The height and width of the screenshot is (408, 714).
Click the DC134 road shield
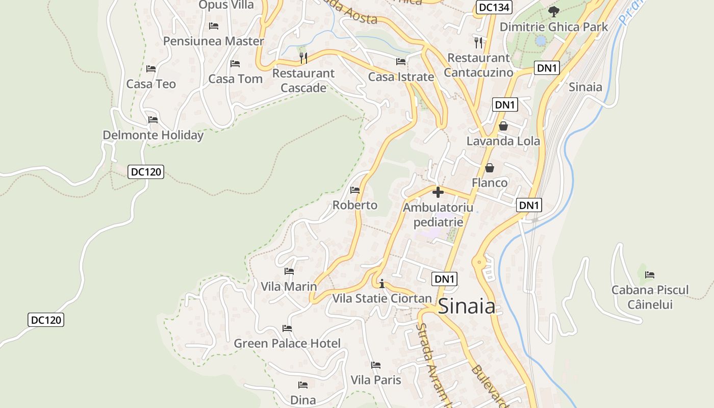pos(494,7)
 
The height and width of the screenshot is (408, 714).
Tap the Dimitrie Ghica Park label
pos(553,27)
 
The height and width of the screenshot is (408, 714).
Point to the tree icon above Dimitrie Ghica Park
pos(553,11)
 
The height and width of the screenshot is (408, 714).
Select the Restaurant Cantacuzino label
pos(478,65)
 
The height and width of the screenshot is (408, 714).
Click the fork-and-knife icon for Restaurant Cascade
pos(303,58)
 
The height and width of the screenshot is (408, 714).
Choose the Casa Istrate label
pos(401,77)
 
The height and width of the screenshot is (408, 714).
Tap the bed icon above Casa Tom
pos(235,64)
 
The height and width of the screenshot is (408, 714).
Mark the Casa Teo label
pos(151,84)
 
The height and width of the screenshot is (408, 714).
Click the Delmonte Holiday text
pos(153,135)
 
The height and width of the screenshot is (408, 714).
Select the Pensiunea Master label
pos(214,41)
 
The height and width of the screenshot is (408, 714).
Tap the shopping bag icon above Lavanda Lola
pos(503,126)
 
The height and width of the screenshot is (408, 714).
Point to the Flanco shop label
pos(490,183)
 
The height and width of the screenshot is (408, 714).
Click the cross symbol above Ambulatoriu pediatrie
pos(438,193)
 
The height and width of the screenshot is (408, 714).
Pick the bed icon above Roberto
pos(355,190)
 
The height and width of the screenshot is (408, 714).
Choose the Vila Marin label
pos(289,287)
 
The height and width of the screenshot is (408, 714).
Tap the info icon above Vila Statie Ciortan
pos(382,284)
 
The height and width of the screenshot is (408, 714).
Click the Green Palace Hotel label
pos(287,344)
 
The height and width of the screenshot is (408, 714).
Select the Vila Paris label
pos(376,380)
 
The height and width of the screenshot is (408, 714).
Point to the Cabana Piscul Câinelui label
pos(650,297)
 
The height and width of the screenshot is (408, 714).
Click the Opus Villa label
pos(226,5)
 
